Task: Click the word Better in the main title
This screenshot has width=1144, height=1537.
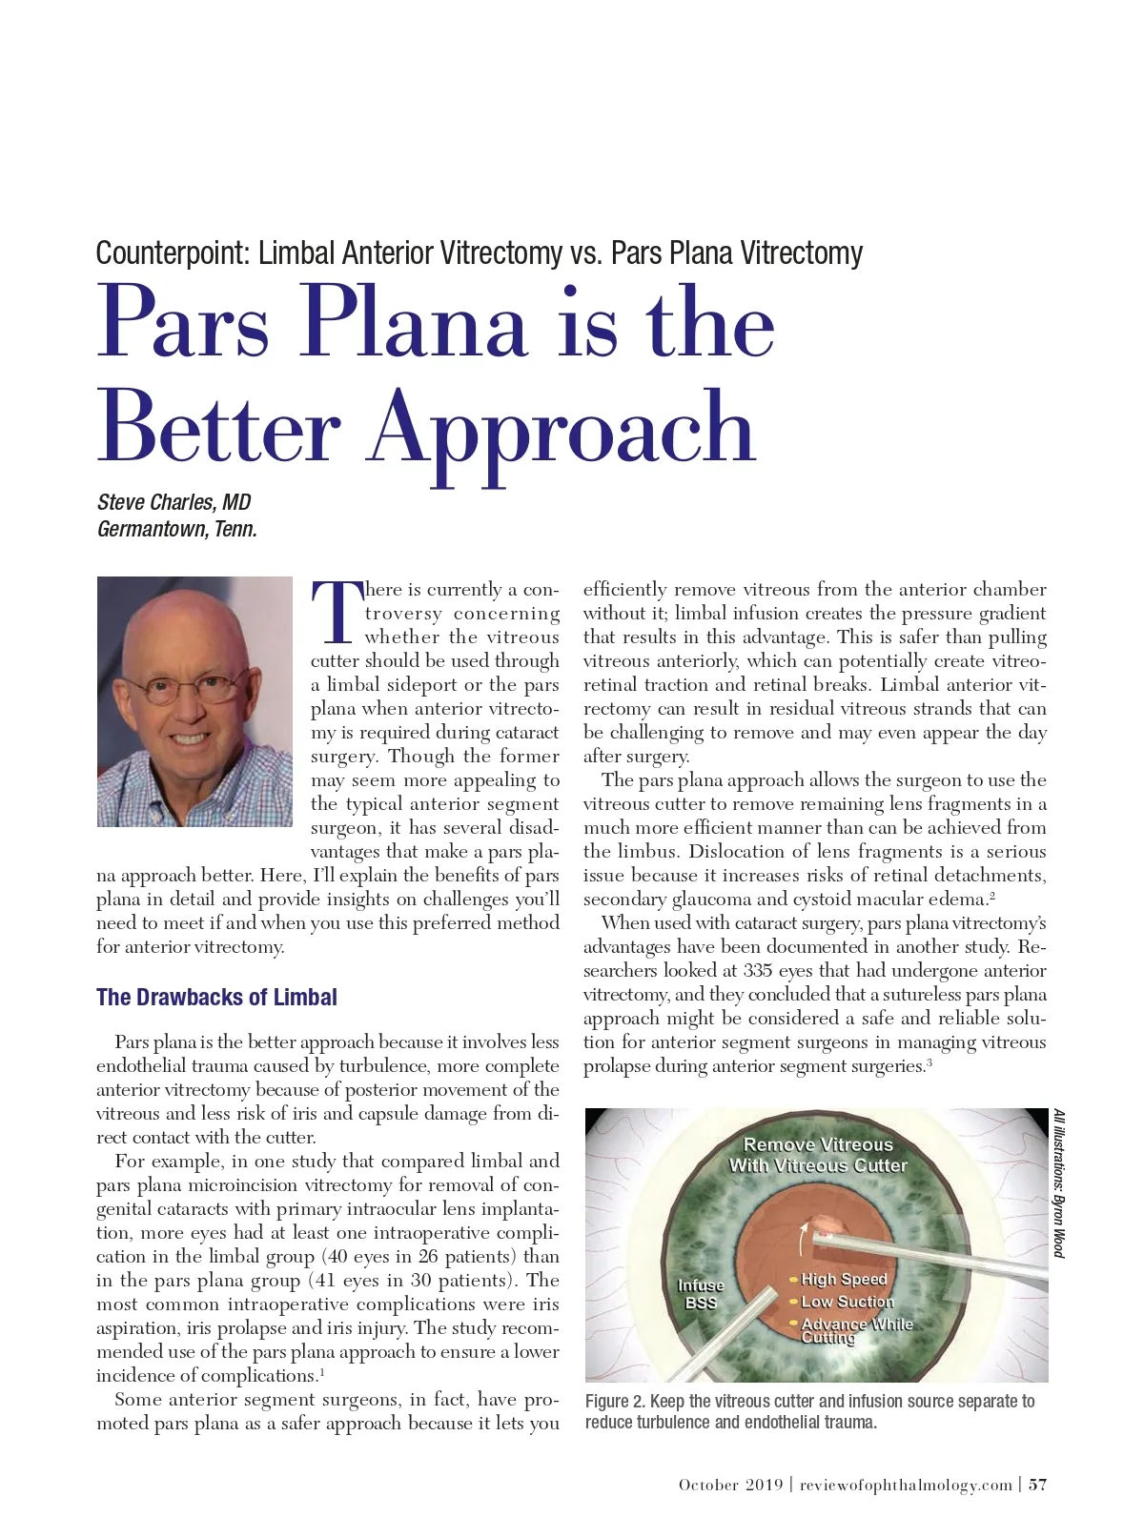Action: point(218,427)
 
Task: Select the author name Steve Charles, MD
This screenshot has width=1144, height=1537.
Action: point(174,502)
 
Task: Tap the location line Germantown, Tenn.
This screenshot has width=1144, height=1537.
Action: point(176,529)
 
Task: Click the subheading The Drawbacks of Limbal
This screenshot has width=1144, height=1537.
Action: point(216,998)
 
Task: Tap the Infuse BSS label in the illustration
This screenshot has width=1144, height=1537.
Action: point(701,1294)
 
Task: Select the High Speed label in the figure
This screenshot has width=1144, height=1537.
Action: point(844,1279)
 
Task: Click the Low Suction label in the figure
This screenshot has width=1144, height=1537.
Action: point(847,1302)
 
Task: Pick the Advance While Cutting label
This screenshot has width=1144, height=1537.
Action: point(855,1330)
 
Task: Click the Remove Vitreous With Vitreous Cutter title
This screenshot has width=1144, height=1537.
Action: point(818,1155)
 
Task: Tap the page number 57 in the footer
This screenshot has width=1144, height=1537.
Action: point(1037,1485)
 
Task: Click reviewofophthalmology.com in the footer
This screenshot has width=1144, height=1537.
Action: point(906,1485)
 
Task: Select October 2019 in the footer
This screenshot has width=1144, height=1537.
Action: point(730,1485)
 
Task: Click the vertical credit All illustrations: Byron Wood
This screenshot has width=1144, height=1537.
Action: point(1059,1183)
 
